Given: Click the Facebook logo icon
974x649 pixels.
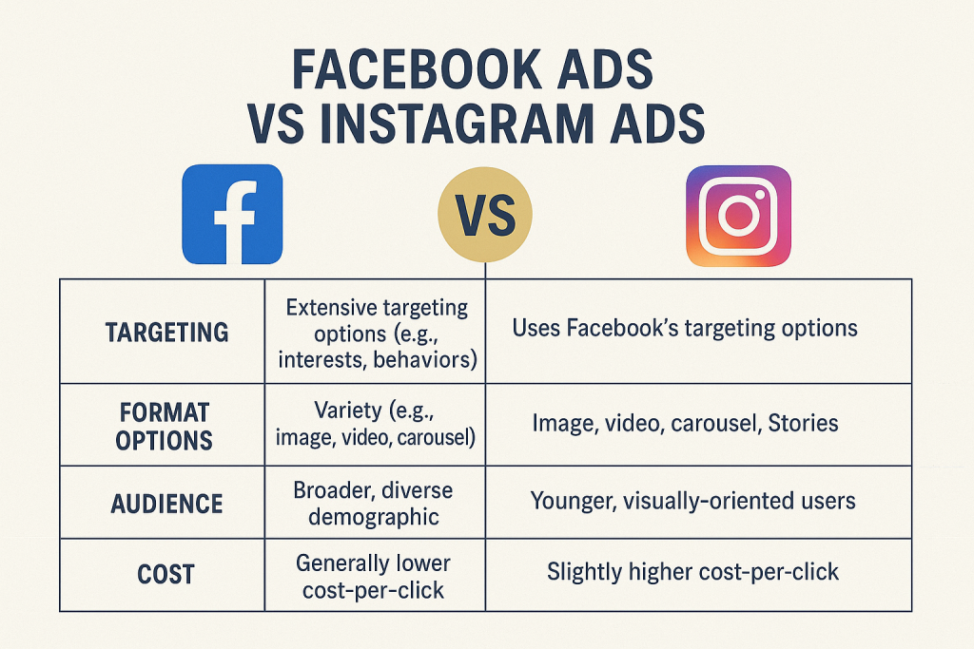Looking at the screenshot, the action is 232,214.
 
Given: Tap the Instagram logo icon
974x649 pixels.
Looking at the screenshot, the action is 738,216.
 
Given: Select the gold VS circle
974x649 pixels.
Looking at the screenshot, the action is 485,214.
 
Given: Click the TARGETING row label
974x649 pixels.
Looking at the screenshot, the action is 167,333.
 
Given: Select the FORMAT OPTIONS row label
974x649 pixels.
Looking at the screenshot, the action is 164,427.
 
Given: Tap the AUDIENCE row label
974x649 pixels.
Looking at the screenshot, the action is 166,504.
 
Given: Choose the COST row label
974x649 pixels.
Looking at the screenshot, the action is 166,574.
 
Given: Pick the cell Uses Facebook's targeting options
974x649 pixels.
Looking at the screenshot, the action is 685,328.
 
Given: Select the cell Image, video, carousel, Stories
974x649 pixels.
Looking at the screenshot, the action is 685,423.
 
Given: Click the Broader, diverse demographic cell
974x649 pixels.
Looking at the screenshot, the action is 373,504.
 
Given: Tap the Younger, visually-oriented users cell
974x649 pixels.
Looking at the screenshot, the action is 692,501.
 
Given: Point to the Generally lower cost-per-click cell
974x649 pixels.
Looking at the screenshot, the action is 373,577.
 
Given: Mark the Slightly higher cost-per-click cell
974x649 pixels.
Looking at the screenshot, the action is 692,571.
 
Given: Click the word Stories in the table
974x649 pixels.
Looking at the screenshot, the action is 803,423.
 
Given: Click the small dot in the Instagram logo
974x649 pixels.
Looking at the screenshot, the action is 760,195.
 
